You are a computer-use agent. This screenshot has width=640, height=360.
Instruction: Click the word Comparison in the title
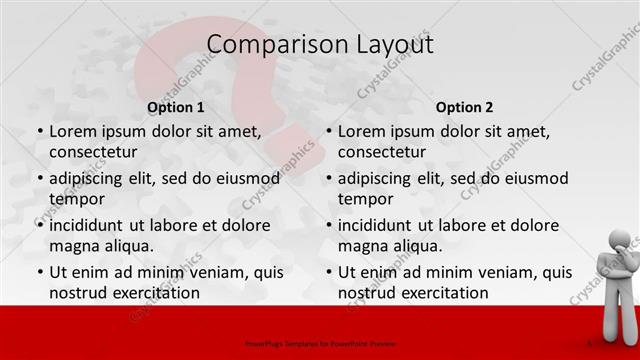point(264,44)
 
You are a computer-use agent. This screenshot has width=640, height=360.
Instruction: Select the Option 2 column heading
point(464,107)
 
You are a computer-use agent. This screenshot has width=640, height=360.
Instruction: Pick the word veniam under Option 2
point(502,272)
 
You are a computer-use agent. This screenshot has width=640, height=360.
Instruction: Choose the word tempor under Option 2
point(365,198)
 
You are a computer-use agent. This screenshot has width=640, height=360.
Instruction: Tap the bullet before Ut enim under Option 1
point(39,272)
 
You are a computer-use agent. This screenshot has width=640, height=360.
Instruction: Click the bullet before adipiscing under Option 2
point(328,178)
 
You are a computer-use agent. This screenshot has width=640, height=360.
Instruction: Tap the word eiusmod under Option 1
point(250,178)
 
